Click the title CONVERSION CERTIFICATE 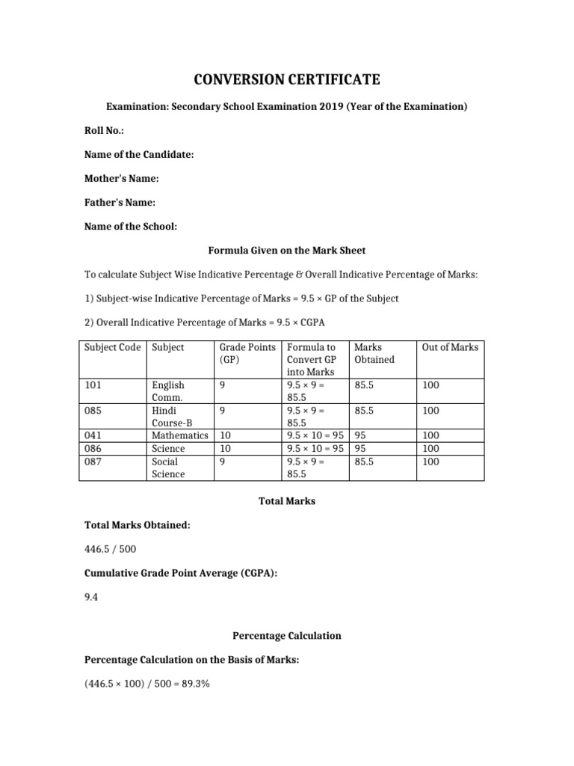click(x=287, y=79)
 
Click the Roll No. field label click(x=104, y=131)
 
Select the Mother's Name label click(x=120, y=179)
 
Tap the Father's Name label click(x=120, y=203)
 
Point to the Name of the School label click(x=130, y=227)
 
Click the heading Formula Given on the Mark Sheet click(x=286, y=250)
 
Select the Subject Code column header click(x=112, y=347)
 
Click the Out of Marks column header click(x=450, y=347)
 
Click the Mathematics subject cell click(x=180, y=435)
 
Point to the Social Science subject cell click(x=168, y=468)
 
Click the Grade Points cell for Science click(x=226, y=448)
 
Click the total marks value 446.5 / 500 click(x=110, y=550)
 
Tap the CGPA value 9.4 click(x=90, y=598)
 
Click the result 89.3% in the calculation click(x=195, y=684)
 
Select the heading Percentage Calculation click(x=286, y=636)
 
